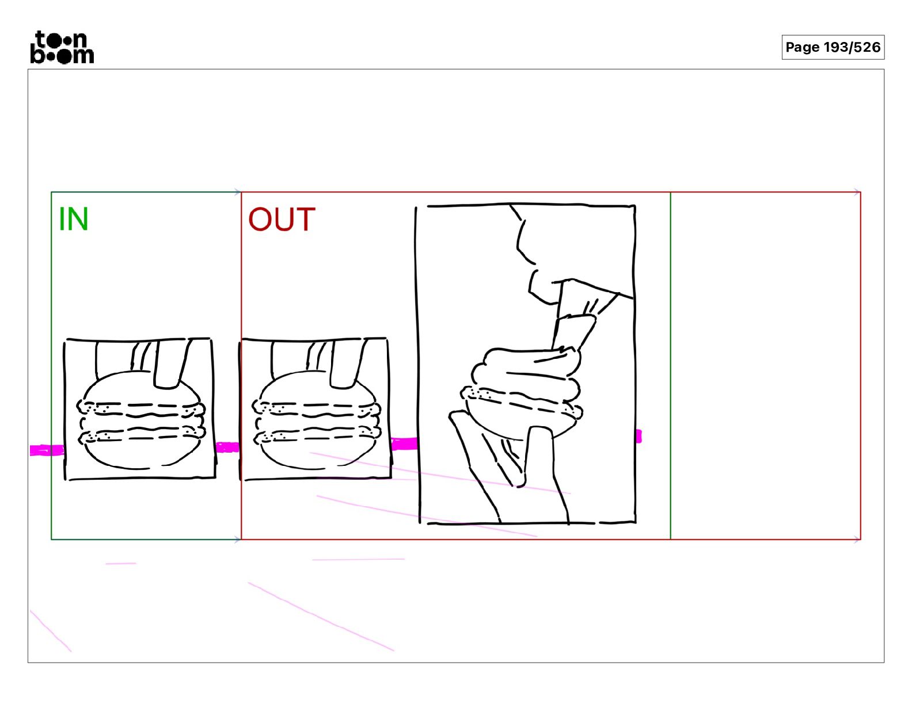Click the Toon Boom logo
coord(62,47)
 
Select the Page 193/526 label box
coord(833,47)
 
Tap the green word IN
coord(74,219)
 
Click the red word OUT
coord(282,219)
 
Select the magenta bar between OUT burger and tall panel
coord(404,443)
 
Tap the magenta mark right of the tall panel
coord(639,436)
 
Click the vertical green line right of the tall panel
coord(671,366)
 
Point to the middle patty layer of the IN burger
coord(140,422)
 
